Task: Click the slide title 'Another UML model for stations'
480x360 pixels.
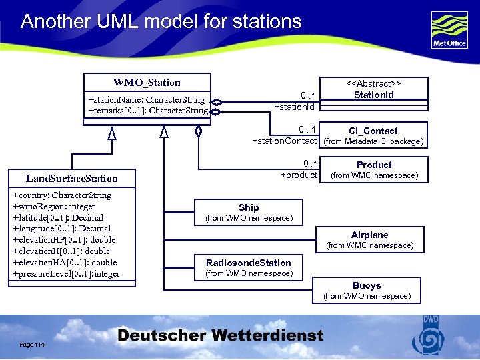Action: coord(161,21)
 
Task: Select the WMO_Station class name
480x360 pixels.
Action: coord(147,83)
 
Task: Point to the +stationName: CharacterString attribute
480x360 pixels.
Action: coord(147,100)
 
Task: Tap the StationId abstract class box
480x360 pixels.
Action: coord(373,90)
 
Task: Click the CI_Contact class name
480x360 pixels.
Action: coord(373,131)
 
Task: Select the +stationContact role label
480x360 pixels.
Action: coord(284,141)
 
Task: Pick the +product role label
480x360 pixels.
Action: coord(299,175)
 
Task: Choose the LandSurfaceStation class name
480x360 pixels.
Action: coord(71,179)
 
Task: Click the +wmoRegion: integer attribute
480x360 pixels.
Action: coord(54,207)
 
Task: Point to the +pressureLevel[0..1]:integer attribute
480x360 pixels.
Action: coord(67,273)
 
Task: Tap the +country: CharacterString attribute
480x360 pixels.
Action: coord(62,195)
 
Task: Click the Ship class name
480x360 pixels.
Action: coord(249,207)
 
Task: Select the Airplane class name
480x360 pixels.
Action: coord(369,235)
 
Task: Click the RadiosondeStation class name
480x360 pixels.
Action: coord(249,263)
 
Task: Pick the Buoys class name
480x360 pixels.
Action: coord(367,285)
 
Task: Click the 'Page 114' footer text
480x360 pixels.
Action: coord(32,343)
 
